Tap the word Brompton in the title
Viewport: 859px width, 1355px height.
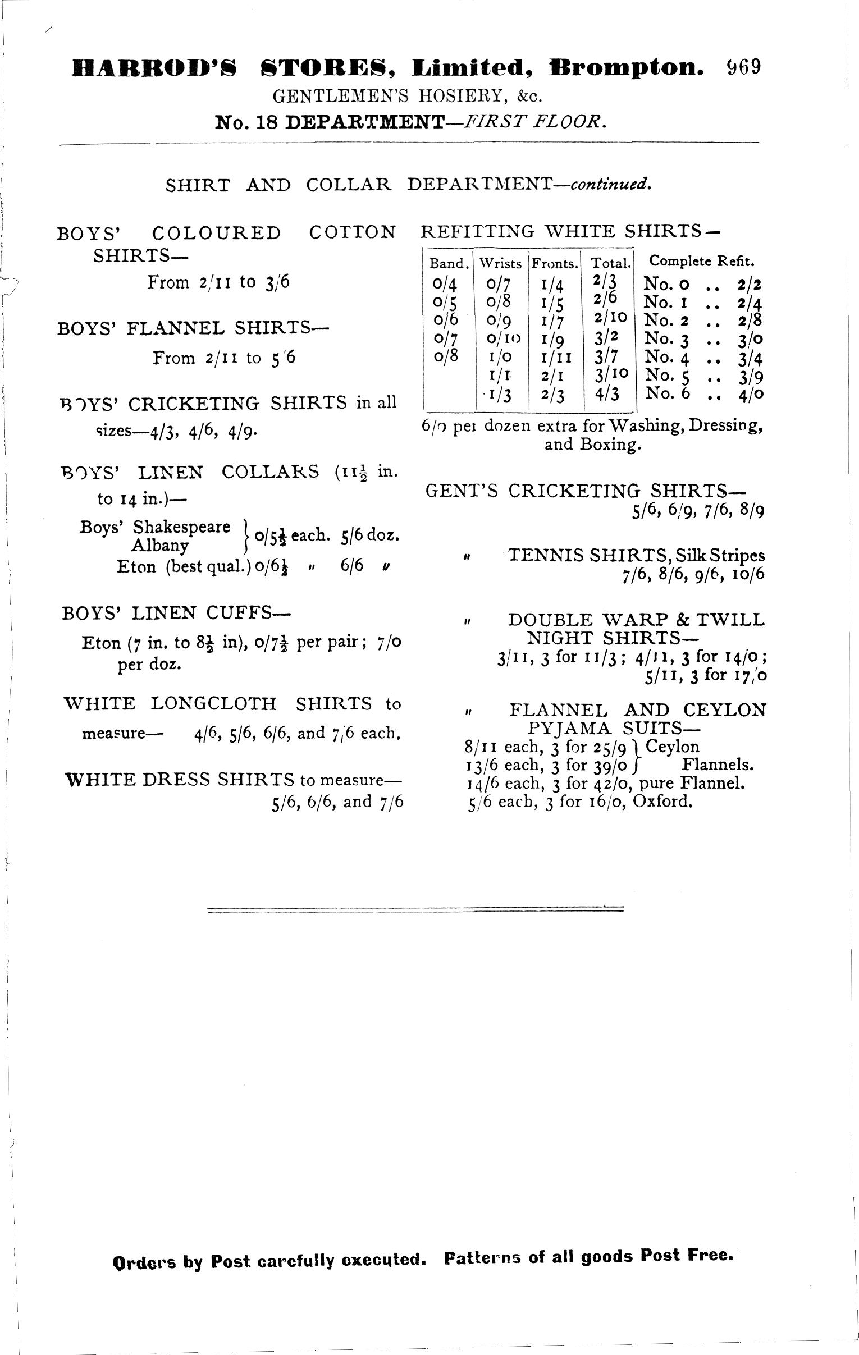coord(627,68)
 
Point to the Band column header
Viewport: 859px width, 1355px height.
coord(449,263)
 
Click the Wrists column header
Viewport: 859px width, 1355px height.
coord(500,263)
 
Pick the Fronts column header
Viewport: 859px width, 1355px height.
coord(556,263)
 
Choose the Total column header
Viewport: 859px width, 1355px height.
coord(610,263)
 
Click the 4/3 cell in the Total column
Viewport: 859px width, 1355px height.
coord(608,393)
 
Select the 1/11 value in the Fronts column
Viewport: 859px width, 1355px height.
coord(556,358)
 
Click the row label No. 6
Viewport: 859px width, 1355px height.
coord(668,393)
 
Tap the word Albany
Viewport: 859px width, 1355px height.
coord(159,545)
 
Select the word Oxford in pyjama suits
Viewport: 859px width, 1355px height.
coord(662,801)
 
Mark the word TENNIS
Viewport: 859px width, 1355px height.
coord(546,556)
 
